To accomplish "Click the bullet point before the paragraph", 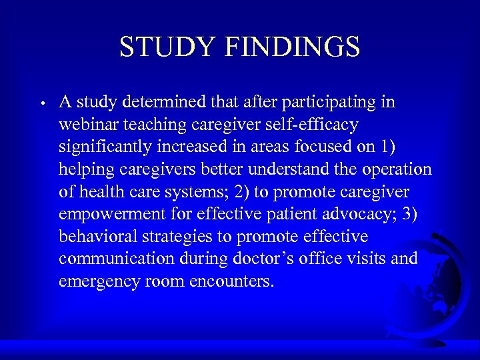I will [41, 104].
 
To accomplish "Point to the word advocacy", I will [337, 215].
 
